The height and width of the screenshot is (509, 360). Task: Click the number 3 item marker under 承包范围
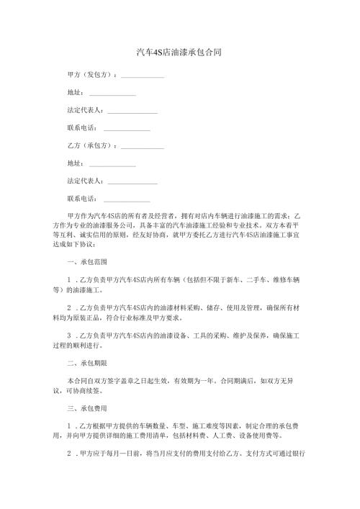tap(68, 335)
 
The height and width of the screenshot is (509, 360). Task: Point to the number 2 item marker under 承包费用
tap(68, 455)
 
